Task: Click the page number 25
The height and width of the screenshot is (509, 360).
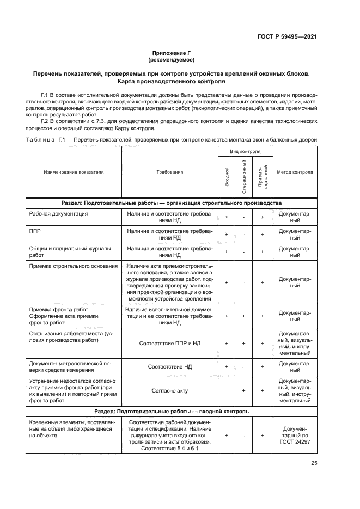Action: coord(314,463)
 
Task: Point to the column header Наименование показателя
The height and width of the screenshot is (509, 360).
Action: coord(74,171)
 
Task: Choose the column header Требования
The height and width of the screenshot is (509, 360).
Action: coord(169,171)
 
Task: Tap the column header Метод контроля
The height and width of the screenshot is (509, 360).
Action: coord(295,171)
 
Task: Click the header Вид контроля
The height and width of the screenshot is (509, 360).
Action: coord(245,151)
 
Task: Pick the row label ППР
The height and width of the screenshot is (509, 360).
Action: coord(34,231)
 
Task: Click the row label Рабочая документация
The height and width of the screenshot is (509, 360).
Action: coord(58,214)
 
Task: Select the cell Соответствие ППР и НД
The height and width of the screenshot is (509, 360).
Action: coord(169,344)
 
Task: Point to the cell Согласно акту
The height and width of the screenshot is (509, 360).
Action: coord(169,390)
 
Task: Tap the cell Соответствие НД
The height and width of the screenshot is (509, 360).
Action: coord(169,367)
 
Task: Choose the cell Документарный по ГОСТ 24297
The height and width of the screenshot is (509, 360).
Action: coord(295,436)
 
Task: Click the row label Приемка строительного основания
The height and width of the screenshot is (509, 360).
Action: coord(73,266)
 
